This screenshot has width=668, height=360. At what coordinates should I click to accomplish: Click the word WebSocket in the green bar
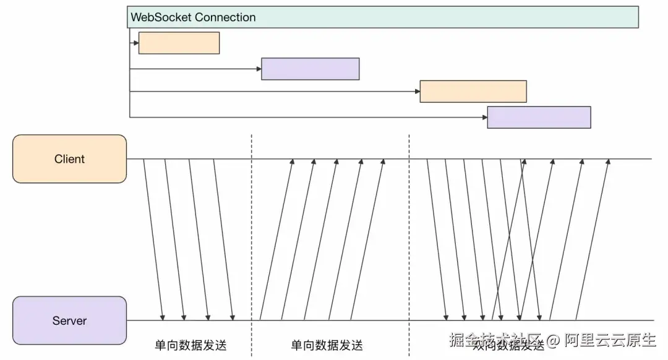pos(161,17)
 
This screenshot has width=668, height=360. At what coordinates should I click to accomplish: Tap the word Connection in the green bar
pos(225,17)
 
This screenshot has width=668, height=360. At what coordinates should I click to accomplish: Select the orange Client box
pos(69,159)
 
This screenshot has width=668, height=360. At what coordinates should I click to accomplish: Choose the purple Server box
pos(69,320)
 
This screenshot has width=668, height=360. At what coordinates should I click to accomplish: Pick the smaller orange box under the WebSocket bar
pos(179,43)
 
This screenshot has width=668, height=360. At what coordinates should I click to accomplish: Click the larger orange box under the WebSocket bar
pos(473,91)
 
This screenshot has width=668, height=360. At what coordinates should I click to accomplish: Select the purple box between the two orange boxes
pos(310,69)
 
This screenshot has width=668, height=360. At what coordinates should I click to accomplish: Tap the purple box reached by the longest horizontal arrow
pos(539,117)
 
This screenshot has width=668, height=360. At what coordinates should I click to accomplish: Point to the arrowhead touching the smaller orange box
pos(135,43)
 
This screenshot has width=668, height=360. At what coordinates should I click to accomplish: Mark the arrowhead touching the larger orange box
pos(417,92)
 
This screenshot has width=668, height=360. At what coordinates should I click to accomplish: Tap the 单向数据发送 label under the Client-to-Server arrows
pos(191,345)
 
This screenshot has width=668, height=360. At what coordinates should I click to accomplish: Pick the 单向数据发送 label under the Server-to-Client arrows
pos(327,345)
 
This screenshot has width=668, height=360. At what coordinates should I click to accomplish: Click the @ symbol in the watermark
pos(552,340)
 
